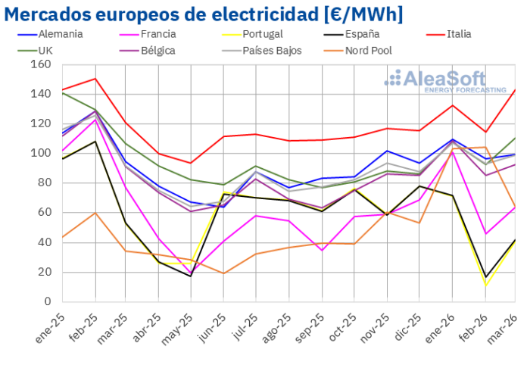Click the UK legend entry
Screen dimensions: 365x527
coord(45,50)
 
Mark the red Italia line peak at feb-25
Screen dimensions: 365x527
coord(95,79)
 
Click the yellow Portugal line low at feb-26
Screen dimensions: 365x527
coord(486,285)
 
